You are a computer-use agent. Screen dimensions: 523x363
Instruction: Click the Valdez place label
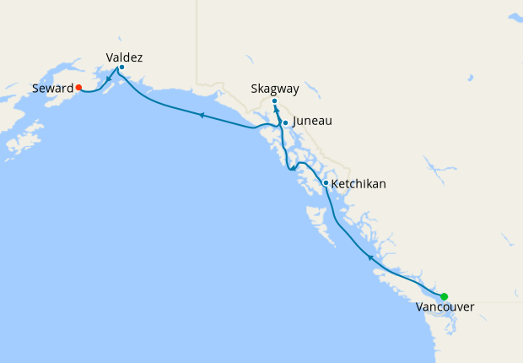coord(124,57)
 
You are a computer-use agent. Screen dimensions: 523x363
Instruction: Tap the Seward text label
coord(52,88)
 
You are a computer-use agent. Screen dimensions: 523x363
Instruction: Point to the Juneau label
coord(311,122)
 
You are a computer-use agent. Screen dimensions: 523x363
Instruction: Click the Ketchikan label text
coord(359,182)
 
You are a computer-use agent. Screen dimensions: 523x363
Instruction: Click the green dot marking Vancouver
coord(444,296)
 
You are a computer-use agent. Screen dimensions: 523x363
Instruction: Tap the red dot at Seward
coord(78,87)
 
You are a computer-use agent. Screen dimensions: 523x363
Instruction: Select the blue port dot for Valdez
coord(121,67)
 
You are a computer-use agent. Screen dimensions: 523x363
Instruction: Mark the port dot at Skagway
coord(274,101)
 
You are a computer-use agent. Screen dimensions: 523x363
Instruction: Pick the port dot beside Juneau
coord(285,123)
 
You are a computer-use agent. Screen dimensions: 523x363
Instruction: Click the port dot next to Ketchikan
coord(326,182)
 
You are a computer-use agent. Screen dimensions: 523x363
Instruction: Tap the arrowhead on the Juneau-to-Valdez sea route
coord(201,115)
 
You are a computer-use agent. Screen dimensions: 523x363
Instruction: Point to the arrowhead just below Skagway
coord(276,109)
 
